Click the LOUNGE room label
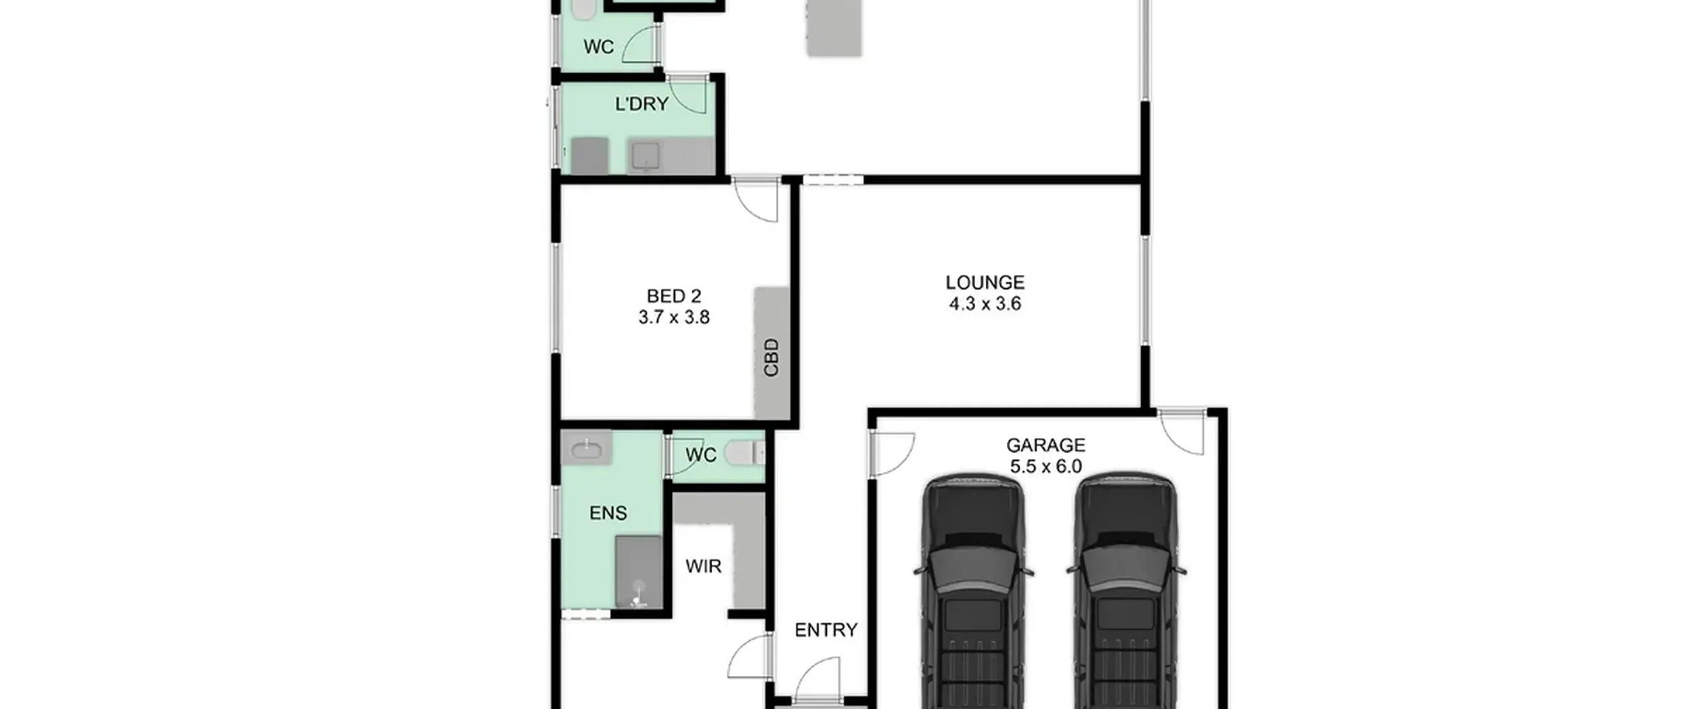pos(984,282)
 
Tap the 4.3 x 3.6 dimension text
pos(985,304)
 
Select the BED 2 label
pos(674,296)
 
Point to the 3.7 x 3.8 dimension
pos(674,317)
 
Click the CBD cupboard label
pos(771,357)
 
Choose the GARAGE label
pos(1046,445)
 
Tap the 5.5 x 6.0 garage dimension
pos(1046,466)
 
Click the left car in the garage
pos(973,590)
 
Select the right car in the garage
pos(1126,590)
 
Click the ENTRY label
pos(826,630)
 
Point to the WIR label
pos(704,566)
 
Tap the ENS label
pos(608,512)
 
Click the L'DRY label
pos(642,104)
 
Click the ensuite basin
pos(586,450)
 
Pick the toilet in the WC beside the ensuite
pos(744,454)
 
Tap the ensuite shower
pos(638,572)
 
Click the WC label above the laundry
pos(599,47)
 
